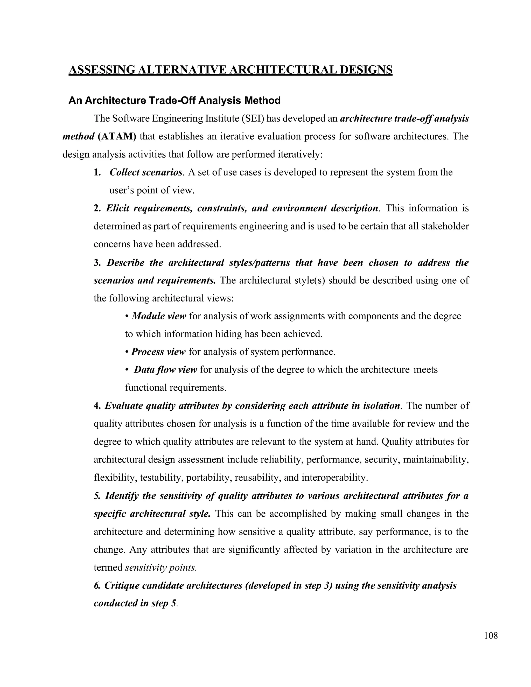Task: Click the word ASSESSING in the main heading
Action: (x=102, y=69)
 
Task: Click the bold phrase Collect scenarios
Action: (x=146, y=172)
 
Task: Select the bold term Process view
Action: (x=158, y=352)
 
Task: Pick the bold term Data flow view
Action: (x=165, y=370)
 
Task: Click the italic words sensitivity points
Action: (x=161, y=568)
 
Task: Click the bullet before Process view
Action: (x=127, y=352)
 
